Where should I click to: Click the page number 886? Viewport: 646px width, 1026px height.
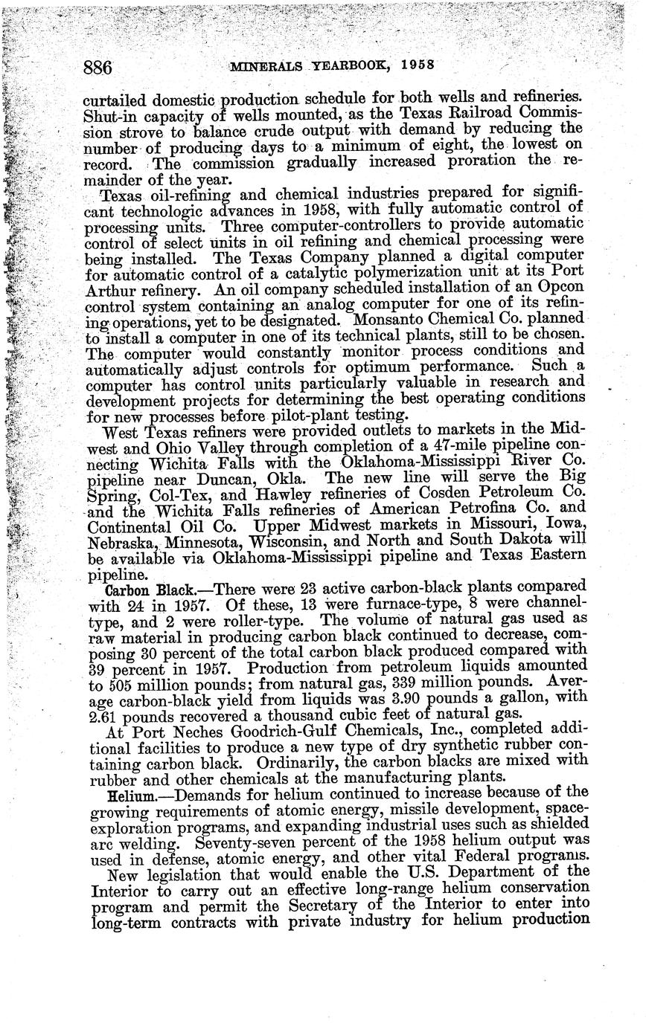97,68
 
